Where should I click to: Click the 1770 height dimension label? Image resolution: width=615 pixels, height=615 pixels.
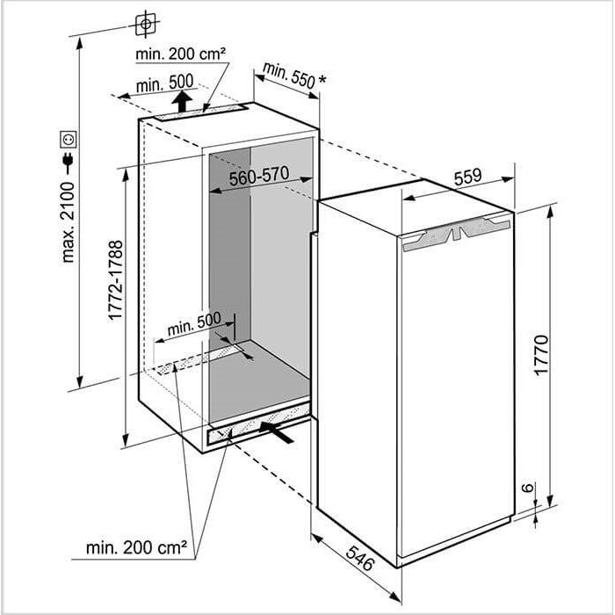(542, 355)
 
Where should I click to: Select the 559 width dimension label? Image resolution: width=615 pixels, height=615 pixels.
(467, 177)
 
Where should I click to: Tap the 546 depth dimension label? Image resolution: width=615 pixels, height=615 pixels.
(359, 558)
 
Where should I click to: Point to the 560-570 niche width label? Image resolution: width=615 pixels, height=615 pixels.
(259, 176)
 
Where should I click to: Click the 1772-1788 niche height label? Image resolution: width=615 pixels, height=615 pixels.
(115, 280)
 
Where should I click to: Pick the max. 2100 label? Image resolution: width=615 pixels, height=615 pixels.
(68, 222)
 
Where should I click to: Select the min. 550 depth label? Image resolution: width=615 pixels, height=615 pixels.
(289, 75)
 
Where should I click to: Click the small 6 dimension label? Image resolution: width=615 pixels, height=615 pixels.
(528, 487)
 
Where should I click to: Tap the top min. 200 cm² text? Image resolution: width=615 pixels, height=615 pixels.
(180, 54)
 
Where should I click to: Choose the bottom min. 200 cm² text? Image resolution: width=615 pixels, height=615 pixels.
(136, 547)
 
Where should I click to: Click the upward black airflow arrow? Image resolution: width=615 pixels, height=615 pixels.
(182, 101)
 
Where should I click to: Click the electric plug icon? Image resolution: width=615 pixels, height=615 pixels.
(69, 162)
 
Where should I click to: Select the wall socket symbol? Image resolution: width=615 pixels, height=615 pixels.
(68, 139)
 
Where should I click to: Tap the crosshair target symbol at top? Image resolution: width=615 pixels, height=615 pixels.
(146, 24)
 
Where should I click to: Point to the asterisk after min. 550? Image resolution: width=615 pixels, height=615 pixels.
(322, 80)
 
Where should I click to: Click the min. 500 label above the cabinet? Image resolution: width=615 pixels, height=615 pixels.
(165, 83)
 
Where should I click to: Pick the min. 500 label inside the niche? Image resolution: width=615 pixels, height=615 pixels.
(194, 323)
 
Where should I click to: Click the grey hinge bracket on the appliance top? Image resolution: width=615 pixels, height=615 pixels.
(457, 234)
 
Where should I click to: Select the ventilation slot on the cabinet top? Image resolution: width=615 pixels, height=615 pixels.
(201, 113)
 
